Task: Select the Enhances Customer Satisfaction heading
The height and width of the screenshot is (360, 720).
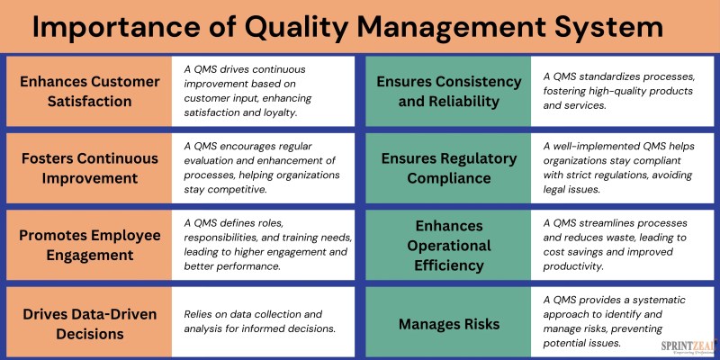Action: click(89, 92)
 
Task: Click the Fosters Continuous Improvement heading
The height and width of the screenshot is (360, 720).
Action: click(89, 168)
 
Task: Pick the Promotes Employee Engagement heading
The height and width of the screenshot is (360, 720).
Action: click(89, 245)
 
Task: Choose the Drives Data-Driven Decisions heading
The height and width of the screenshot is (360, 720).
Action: click(89, 324)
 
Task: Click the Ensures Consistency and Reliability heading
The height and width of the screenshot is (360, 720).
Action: click(448, 92)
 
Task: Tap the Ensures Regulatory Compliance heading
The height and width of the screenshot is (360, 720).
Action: click(448, 168)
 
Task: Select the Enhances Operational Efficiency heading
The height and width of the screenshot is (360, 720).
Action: click(448, 246)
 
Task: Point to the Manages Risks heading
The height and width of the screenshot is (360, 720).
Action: click(448, 324)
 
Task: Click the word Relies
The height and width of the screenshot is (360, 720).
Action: click(197, 314)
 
